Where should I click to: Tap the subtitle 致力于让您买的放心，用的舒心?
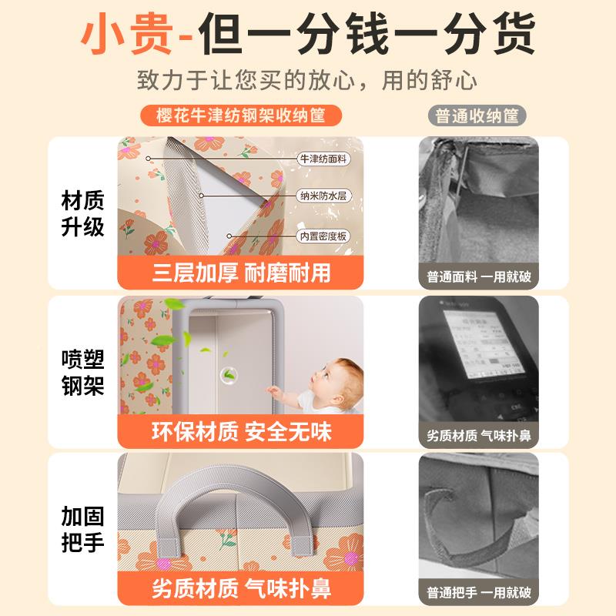(307, 81)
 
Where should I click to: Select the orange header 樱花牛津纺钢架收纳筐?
(239, 116)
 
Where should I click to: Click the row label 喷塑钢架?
(82, 373)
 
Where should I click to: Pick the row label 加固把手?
(82, 530)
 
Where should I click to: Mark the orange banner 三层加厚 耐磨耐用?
(241, 272)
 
